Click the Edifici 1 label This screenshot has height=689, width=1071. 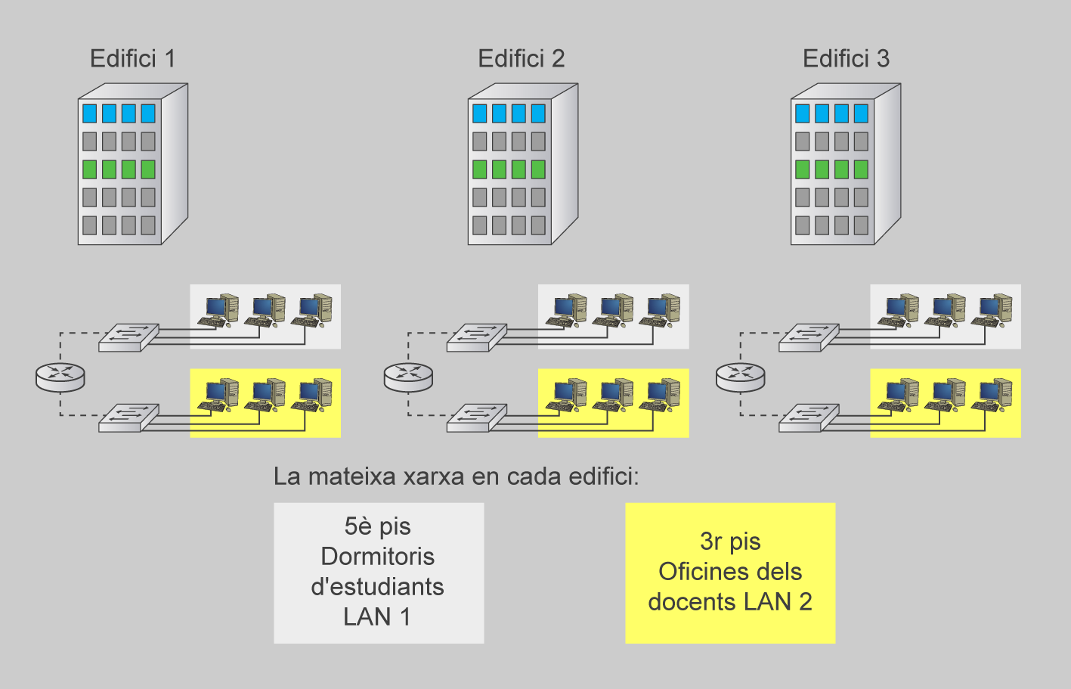132,58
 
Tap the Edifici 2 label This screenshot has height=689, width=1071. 521,58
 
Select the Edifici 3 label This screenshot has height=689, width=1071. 846,58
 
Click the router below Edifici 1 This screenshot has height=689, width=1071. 60,376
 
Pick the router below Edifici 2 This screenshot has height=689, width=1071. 408,376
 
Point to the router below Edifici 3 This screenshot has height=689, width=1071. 741,376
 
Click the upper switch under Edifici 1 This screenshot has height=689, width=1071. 128,337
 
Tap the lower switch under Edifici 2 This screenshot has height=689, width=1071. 476,417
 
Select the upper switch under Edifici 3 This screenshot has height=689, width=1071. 809,337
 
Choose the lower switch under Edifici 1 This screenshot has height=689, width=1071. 128,417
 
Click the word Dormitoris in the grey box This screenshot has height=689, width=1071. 377,557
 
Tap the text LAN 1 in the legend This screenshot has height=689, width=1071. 377,617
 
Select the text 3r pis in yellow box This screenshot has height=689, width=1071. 730,542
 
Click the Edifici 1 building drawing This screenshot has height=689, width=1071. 132,164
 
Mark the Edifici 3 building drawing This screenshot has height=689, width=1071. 845,164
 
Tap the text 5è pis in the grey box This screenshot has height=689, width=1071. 377,526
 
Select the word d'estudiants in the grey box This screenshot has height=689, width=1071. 377,587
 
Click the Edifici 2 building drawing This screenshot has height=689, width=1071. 522,164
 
